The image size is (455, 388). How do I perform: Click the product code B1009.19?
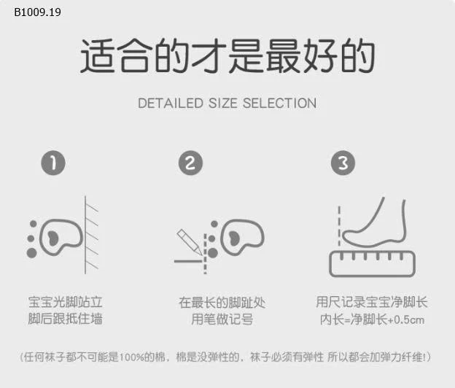(x=37, y=12)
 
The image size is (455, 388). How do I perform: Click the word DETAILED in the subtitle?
(x=171, y=104)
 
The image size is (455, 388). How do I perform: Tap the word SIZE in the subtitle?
(x=223, y=104)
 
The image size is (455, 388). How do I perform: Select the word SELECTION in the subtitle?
(x=279, y=104)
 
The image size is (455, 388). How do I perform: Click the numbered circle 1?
(x=53, y=163)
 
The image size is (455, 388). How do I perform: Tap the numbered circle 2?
(x=190, y=163)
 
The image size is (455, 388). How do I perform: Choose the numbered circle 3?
(x=343, y=163)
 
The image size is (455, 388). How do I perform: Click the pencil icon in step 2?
(x=189, y=241)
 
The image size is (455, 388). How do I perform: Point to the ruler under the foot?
(x=373, y=264)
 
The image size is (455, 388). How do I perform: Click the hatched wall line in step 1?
(x=85, y=235)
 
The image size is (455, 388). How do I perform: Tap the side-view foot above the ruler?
(x=374, y=223)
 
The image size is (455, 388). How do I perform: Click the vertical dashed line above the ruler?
(x=339, y=226)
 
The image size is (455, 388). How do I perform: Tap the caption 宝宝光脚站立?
(x=66, y=302)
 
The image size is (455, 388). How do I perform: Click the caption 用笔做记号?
(x=222, y=319)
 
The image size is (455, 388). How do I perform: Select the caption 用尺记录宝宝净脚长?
(x=372, y=302)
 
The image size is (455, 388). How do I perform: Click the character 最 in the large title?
(x=284, y=55)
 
